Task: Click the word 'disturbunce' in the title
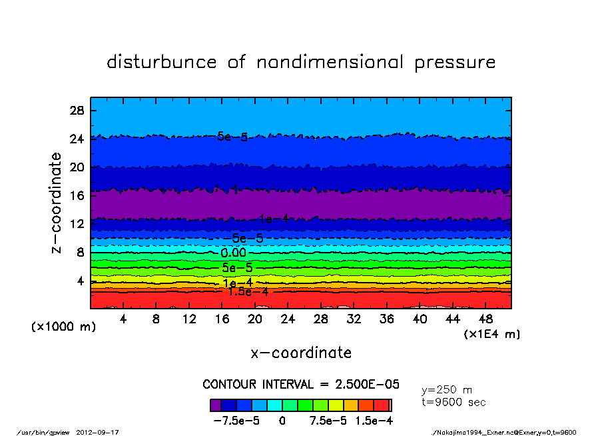point(162,63)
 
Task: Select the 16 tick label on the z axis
point(76,195)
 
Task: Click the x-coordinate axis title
point(301,353)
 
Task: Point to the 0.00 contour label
point(234,253)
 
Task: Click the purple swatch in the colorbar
point(216,405)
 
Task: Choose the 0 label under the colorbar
point(282,421)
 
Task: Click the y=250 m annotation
point(447,390)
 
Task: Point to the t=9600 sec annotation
point(453,402)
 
